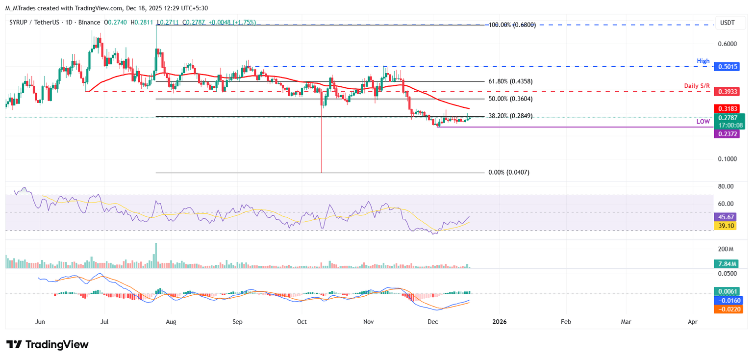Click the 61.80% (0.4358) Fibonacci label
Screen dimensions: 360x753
[x=510, y=81]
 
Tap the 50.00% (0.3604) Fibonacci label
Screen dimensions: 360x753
[x=510, y=99]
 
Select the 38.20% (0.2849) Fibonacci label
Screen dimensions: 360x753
[x=510, y=116]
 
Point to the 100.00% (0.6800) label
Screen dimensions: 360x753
[x=512, y=25]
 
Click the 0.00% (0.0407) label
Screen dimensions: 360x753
[x=509, y=173]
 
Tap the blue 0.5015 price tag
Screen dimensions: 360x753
[x=728, y=67]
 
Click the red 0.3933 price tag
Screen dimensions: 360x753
[x=728, y=92]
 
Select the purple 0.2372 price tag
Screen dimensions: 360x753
[x=728, y=133]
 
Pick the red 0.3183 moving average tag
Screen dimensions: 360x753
[x=728, y=108]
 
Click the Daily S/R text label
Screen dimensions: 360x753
[x=697, y=86]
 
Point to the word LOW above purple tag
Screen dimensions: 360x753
[x=703, y=121]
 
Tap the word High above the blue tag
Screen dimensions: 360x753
[x=703, y=61]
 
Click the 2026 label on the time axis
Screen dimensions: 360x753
[x=499, y=322]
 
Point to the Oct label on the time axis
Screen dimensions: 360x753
[x=302, y=322]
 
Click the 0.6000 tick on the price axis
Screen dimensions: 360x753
[x=727, y=44]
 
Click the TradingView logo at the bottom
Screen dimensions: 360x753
[x=48, y=344]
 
